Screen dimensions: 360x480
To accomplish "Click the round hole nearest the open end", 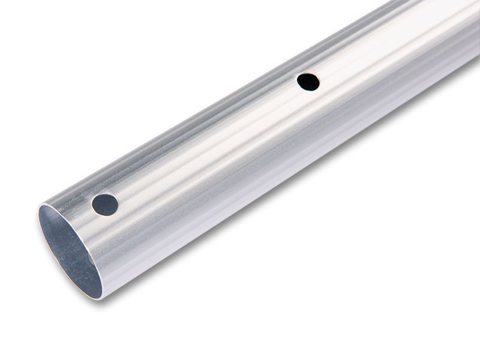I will pos(105,205).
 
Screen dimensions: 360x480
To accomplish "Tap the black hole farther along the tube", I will pos(308,82).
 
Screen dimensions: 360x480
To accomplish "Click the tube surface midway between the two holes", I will pos(207,144).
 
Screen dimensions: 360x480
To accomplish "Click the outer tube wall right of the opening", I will pos(138,258).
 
